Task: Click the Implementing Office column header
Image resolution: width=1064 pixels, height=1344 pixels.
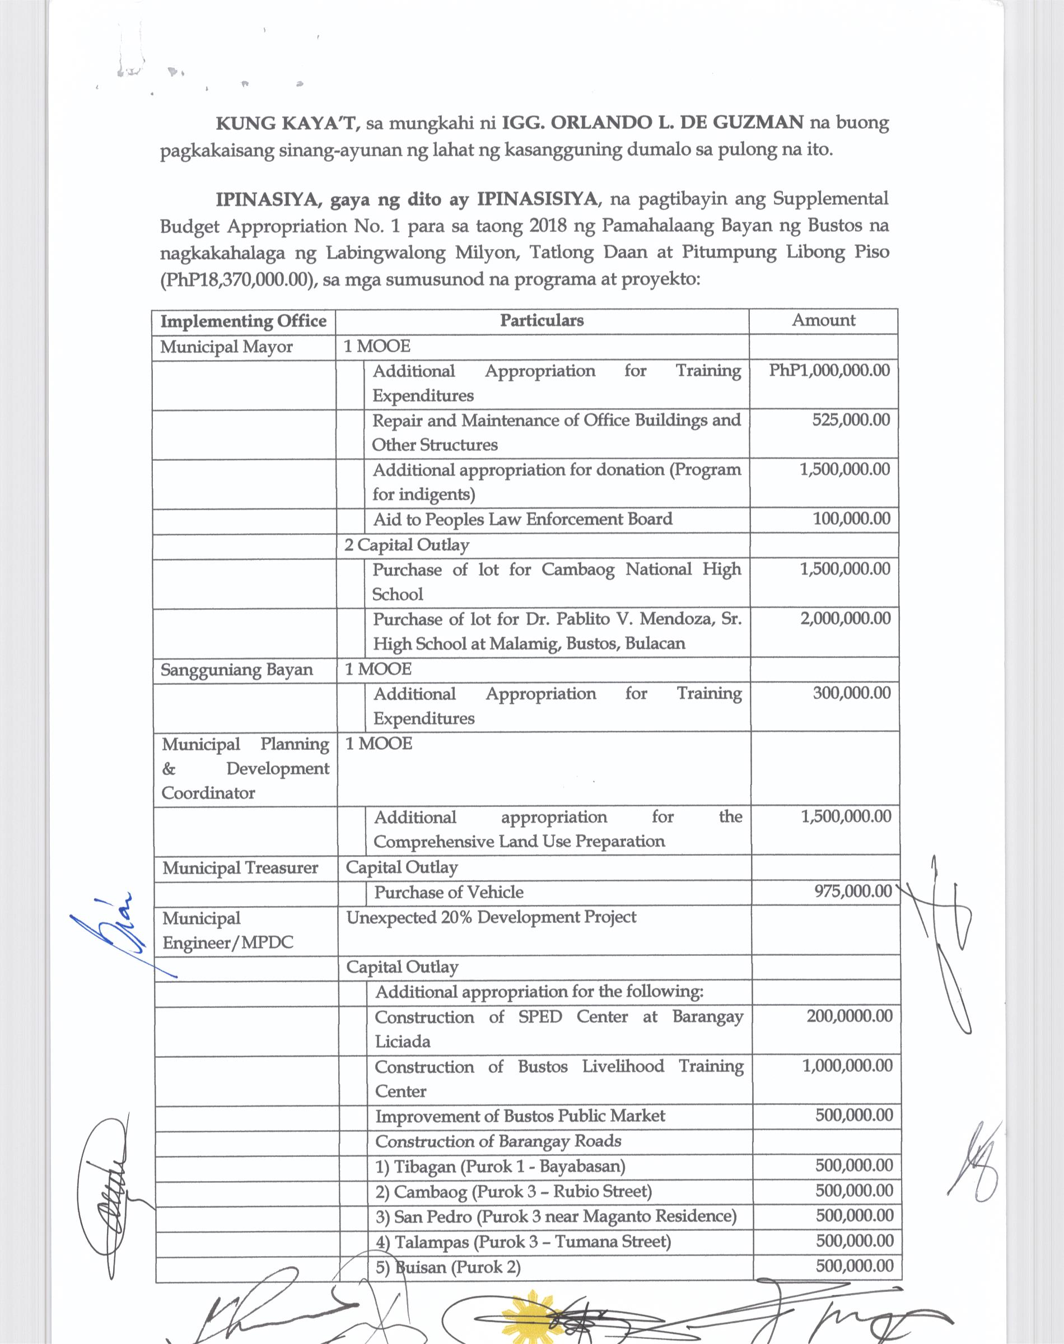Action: [243, 321]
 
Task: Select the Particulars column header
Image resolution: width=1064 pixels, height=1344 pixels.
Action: [542, 321]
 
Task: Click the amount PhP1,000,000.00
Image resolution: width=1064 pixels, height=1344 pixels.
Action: [829, 371]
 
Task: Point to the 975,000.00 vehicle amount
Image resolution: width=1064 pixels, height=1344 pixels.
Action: [853, 892]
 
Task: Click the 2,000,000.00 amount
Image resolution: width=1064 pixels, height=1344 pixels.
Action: [846, 618]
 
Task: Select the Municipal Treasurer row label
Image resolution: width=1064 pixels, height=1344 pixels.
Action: [240, 867]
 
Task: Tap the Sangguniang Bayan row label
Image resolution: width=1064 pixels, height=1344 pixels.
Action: [237, 670]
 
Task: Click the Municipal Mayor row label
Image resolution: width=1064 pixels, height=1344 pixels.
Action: [226, 347]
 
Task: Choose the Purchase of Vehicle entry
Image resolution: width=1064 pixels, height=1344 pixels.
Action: [449, 893]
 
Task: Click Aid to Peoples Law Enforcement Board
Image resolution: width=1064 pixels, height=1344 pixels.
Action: [522, 520]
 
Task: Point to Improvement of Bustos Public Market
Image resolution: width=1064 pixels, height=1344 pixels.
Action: [520, 1116]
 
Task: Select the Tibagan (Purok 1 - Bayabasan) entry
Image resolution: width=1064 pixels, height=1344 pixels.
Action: [500, 1166]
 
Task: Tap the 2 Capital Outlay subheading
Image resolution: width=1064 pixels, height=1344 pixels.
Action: [406, 545]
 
